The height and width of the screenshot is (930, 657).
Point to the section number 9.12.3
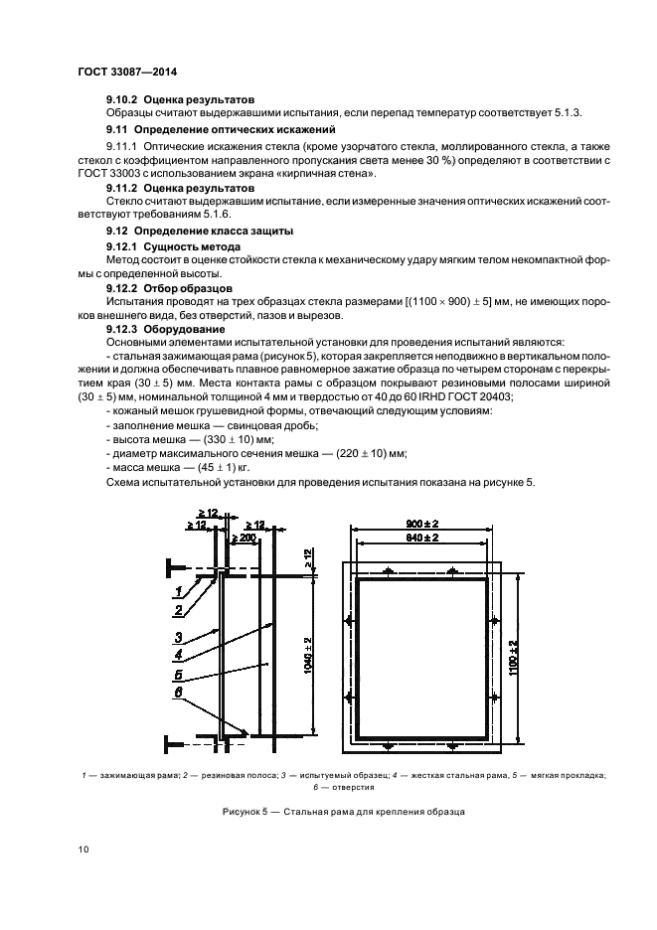tap(122, 329)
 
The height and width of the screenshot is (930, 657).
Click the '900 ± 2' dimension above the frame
tap(422, 524)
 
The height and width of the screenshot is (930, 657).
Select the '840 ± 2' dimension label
tap(422, 537)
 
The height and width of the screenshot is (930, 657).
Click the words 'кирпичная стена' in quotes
tap(330, 174)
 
